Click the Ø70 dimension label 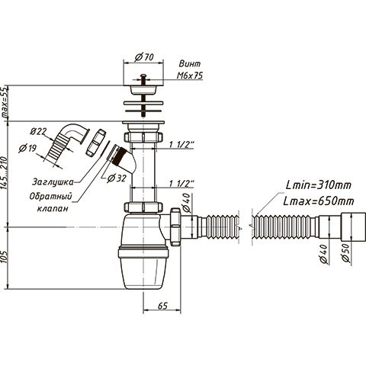coord(144,57)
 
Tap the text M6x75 coord(190,75)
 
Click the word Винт coord(190,63)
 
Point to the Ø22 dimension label coord(38,131)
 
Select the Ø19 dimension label coord(27,148)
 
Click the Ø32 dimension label coord(117,178)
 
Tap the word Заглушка coord(53,182)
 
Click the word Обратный coord(50,196)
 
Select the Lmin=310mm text coord(318,185)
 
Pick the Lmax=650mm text coord(319,201)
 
